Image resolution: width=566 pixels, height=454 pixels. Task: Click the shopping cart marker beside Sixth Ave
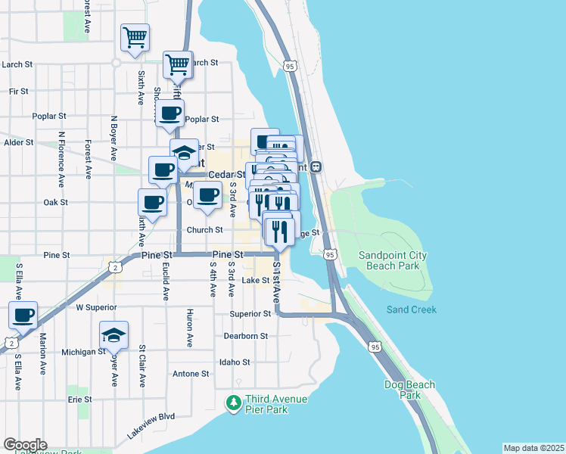(x=135, y=36)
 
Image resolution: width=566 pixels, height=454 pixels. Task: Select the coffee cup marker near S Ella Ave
(x=23, y=314)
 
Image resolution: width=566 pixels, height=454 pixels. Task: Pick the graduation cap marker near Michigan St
(x=114, y=334)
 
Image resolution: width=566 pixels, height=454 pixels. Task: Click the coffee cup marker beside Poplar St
(x=169, y=113)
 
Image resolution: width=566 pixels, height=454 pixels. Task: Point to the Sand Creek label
(x=411, y=309)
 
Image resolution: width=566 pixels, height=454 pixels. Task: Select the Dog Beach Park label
(x=409, y=390)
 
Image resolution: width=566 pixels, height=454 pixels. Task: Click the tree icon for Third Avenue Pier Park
(x=235, y=403)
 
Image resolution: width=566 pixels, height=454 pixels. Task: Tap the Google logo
(x=24, y=445)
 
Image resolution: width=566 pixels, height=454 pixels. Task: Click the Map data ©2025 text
(x=533, y=448)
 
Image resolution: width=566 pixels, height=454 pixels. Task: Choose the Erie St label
(x=79, y=399)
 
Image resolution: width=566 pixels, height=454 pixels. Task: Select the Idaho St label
(x=235, y=362)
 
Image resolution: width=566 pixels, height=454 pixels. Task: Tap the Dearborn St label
(x=246, y=336)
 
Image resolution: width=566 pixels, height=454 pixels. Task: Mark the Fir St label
(x=18, y=91)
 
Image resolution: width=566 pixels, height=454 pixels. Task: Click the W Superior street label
(x=96, y=307)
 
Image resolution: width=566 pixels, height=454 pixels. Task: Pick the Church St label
(x=204, y=230)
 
